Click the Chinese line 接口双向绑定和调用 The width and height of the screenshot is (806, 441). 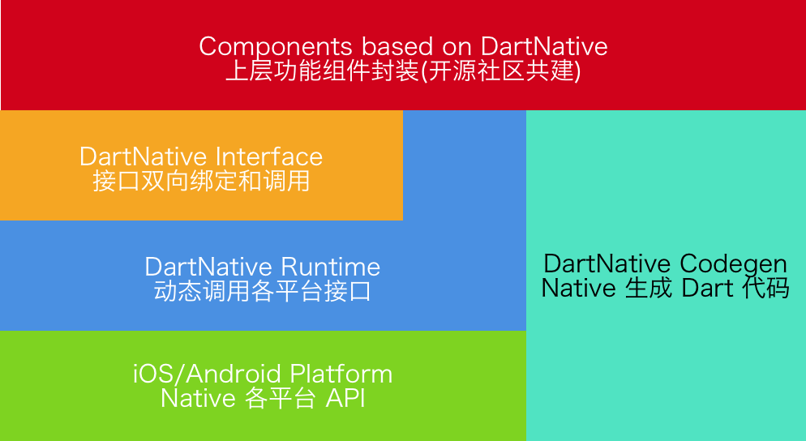201,181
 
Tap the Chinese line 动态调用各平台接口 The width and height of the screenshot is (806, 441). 263,291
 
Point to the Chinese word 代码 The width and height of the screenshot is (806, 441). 765,288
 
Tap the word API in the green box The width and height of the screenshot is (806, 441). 345,399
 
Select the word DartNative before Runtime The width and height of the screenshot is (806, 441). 209,267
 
